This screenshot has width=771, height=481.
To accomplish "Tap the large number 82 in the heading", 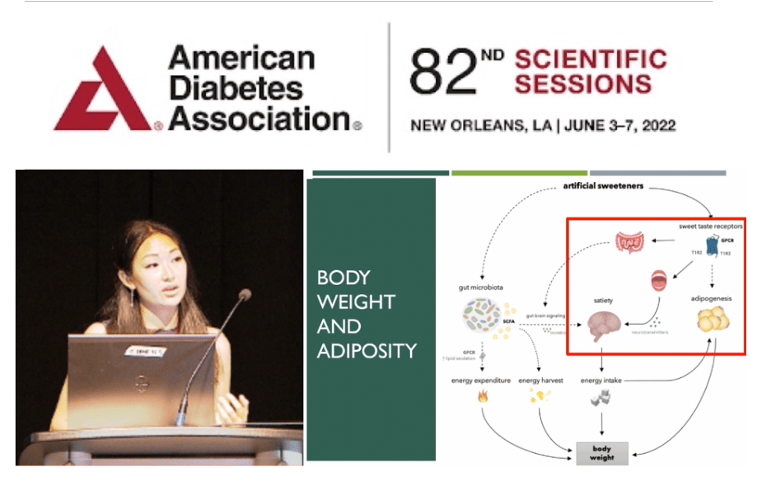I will pyautogui.click(x=444, y=72).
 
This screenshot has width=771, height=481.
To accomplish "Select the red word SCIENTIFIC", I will pyautogui.click(x=590, y=59).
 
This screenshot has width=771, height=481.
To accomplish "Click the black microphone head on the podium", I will pyautogui.click(x=244, y=295).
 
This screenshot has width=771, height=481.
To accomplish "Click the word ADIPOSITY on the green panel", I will pyautogui.click(x=367, y=352).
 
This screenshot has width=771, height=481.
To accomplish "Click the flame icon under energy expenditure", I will pyautogui.click(x=482, y=397).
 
